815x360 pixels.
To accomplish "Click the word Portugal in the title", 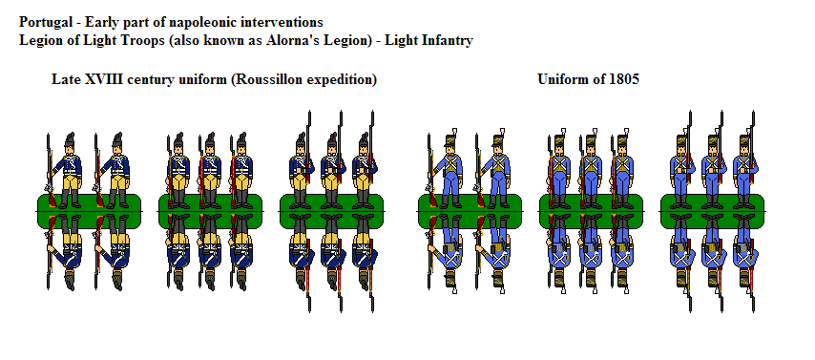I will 47,21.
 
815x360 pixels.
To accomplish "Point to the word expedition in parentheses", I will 344,79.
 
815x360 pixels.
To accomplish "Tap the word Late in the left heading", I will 67,79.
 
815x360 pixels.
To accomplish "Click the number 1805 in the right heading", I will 621,79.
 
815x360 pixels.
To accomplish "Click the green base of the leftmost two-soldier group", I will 88,211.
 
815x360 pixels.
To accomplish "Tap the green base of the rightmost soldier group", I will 714,211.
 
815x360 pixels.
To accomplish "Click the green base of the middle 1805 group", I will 592,211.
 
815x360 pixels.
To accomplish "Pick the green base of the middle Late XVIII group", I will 210,211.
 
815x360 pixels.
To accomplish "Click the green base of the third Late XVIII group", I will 332,211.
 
